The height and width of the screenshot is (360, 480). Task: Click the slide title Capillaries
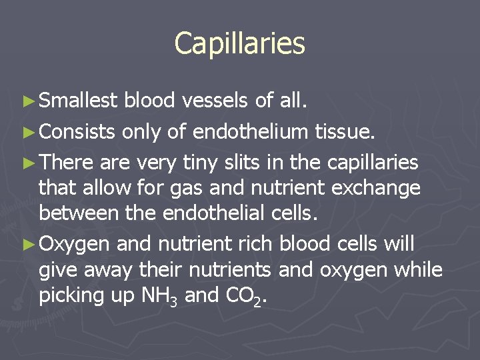pos(239,43)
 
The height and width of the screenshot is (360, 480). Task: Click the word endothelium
pos(251,132)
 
